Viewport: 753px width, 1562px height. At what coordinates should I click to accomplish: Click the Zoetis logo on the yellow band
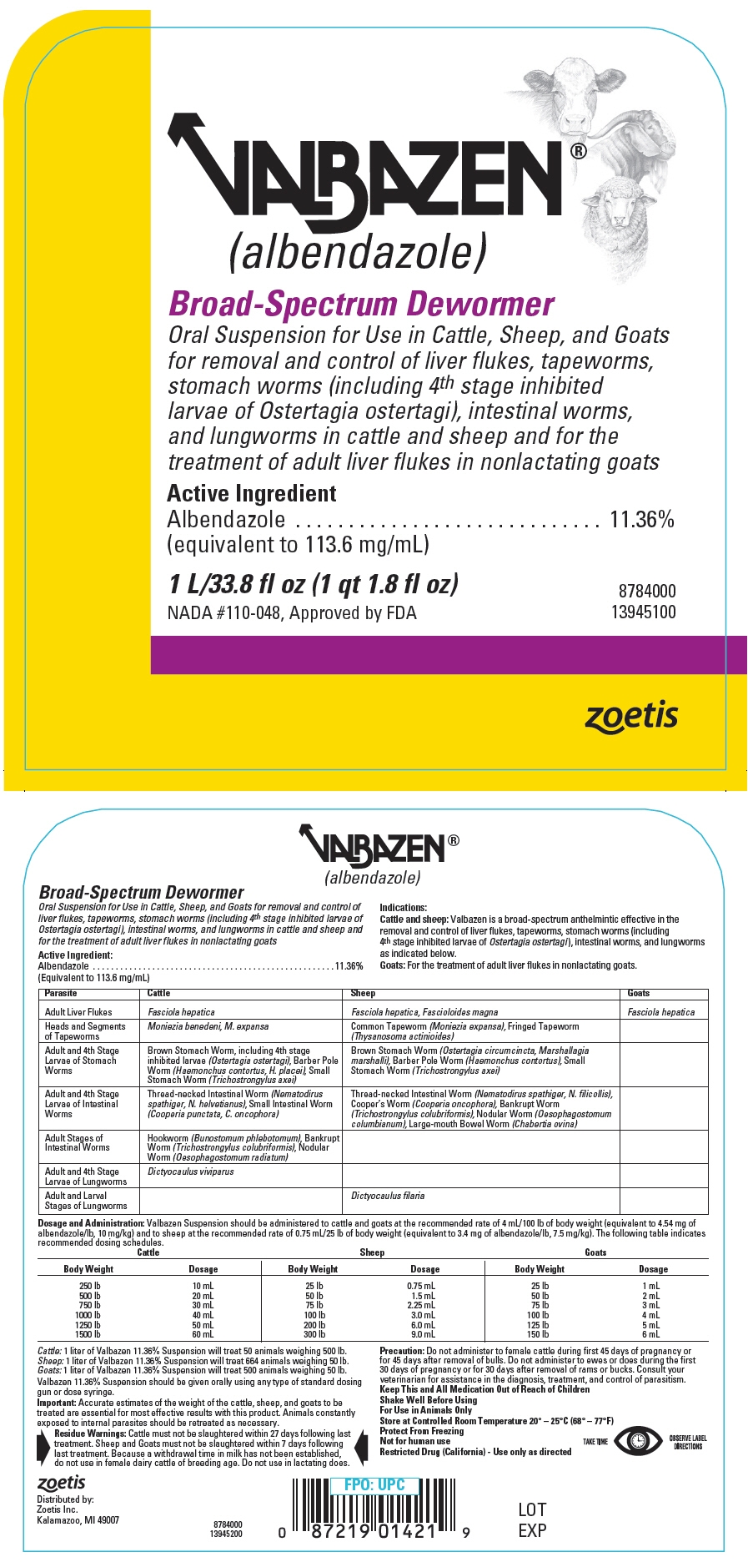[631, 717]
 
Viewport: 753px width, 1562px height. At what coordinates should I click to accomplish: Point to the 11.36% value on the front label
[642, 520]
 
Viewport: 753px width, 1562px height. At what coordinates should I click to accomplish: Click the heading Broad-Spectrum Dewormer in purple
[361, 305]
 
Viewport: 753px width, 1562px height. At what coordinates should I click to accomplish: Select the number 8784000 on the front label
[647, 591]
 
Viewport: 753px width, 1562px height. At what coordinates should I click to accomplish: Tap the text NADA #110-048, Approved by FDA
[292, 613]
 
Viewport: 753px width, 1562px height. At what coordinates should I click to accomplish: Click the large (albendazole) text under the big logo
[358, 250]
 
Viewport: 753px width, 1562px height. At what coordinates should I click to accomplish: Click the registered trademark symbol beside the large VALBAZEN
[578, 151]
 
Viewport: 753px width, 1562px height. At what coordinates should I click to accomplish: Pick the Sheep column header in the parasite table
[364, 994]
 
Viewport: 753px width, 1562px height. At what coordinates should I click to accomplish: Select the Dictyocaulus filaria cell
[388, 1196]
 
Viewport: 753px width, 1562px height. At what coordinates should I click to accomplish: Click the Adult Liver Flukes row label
[78, 1012]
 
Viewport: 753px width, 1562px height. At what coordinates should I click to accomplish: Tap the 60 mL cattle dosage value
[203, 1335]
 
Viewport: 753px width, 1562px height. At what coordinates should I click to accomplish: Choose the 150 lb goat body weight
[540, 1335]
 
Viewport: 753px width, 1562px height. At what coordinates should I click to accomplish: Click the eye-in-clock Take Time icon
[638, 1441]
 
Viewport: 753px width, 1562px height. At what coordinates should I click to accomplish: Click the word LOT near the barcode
[532, 1509]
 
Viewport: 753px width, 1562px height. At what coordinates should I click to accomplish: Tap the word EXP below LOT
[532, 1530]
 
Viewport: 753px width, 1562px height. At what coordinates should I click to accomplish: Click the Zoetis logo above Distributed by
[62, 1483]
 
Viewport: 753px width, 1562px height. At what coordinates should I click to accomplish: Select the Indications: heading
[403, 908]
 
